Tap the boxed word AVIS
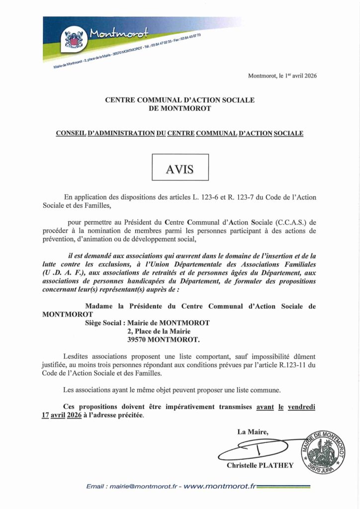point(180,168)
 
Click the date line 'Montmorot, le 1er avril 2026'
point(282,76)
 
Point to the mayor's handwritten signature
point(259,450)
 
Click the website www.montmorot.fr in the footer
point(219,486)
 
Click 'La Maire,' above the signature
point(253,432)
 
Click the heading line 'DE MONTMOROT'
point(180,108)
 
